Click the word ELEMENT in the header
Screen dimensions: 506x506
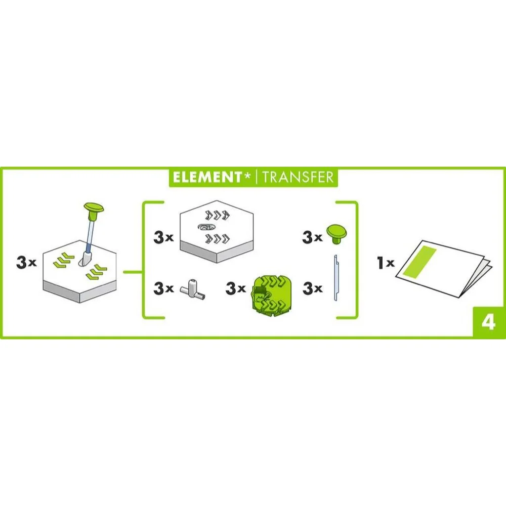[x=207, y=177]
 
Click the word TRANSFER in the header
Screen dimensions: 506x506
[x=297, y=177]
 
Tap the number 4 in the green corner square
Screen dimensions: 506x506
[x=489, y=322]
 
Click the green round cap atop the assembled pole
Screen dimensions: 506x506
[x=94, y=208]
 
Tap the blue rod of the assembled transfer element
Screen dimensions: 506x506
[x=90, y=233]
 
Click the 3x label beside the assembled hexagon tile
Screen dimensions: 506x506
[x=26, y=263]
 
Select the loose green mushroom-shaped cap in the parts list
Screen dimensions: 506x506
[x=336, y=234]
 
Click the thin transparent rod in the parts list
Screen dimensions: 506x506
[x=335, y=277]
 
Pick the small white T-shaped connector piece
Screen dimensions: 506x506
[x=193, y=289]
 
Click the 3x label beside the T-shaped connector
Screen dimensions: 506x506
[x=163, y=288]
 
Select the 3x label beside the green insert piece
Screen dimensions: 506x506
[x=236, y=288]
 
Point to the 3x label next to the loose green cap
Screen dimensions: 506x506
[x=312, y=237]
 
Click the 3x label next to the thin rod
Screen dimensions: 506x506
[x=312, y=288]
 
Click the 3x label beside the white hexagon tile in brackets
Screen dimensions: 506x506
[x=163, y=237]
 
